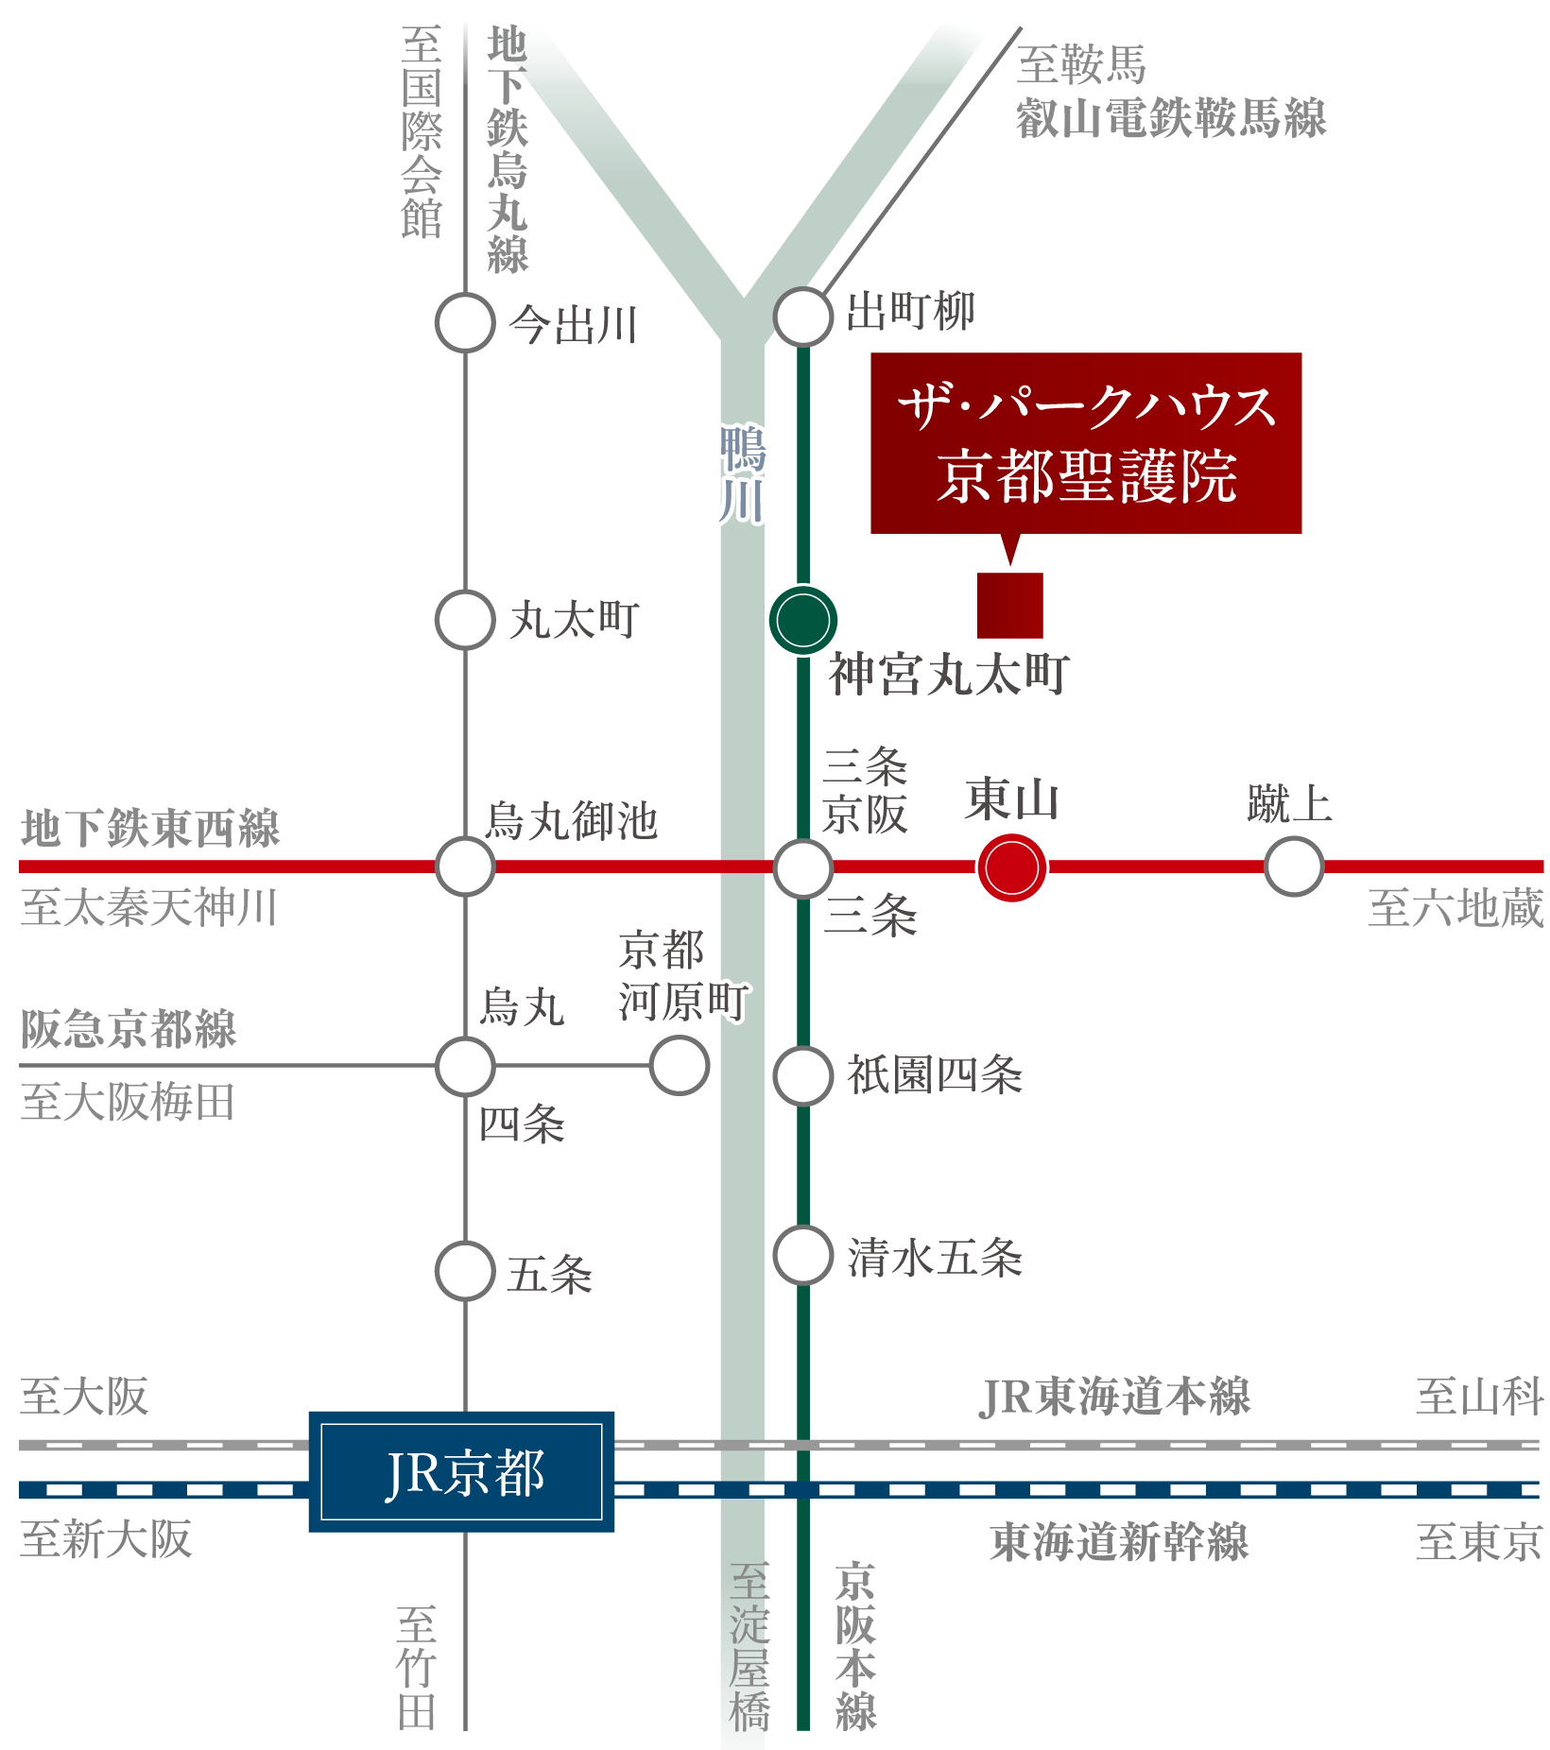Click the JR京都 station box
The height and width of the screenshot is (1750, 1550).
click(x=461, y=1471)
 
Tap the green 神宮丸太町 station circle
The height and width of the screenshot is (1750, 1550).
click(x=803, y=620)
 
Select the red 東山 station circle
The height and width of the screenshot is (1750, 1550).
click(x=1012, y=867)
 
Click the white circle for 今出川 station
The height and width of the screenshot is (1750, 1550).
click(x=465, y=322)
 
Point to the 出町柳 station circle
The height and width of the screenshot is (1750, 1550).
click(x=803, y=316)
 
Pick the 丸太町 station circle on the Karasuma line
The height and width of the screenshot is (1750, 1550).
click(x=465, y=620)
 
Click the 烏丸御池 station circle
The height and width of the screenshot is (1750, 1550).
click(x=465, y=866)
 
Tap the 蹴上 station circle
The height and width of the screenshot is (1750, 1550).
click(x=1294, y=866)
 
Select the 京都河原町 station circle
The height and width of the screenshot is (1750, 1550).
click(x=679, y=1065)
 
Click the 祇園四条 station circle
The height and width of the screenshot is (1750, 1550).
click(x=803, y=1075)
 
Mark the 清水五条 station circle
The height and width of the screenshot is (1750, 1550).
click(x=803, y=1255)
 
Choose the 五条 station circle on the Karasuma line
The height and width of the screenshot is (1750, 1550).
click(x=465, y=1271)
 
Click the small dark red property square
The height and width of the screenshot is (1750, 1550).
click(x=1009, y=605)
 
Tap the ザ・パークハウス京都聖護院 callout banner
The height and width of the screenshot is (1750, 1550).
click(x=1086, y=442)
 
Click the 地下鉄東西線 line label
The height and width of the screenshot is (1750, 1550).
click(x=150, y=829)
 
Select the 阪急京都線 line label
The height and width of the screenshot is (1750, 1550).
click(x=129, y=1029)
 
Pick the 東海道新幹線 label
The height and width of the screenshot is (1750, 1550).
click(x=1119, y=1542)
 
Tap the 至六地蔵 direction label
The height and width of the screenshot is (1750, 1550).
click(x=1455, y=908)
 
